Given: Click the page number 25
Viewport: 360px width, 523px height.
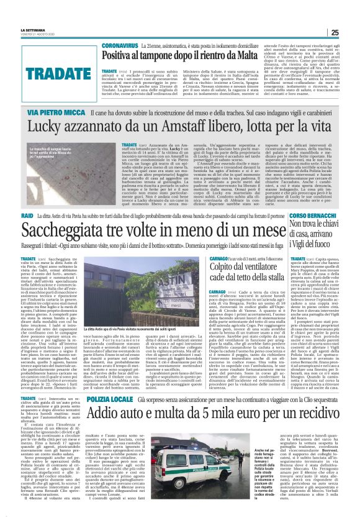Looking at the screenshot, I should coord(352,33).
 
